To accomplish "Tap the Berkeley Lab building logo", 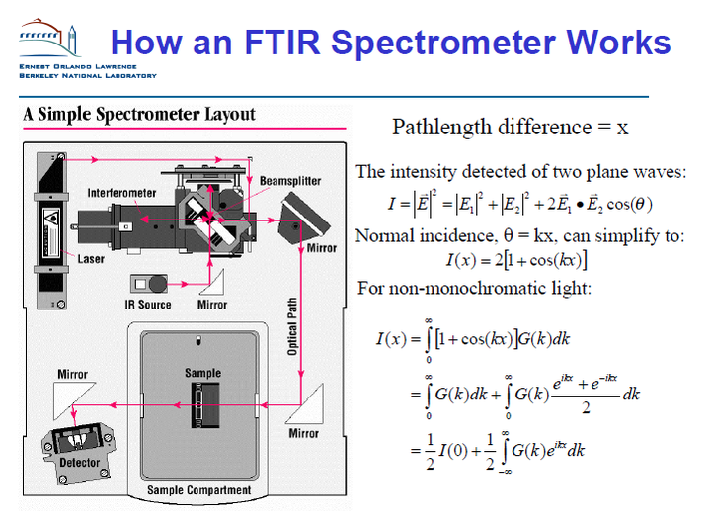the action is (x=49, y=39).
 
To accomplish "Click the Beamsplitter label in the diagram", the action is (x=290, y=181).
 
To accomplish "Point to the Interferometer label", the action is (x=121, y=193).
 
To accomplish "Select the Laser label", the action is (x=91, y=259).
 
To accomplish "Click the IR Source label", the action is (x=148, y=305).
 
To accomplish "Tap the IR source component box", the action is (x=149, y=284).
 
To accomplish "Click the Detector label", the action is (x=79, y=462).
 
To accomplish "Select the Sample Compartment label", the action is (x=198, y=490).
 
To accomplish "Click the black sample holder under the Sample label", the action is (x=205, y=405).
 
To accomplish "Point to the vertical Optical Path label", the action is (x=292, y=326).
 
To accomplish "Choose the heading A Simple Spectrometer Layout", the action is (x=139, y=114).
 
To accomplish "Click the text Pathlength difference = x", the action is (x=511, y=127).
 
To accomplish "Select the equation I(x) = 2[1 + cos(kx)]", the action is (x=516, y=260).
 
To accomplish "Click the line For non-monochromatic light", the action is (x=474, y=288).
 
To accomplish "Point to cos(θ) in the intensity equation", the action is (x=629, y=204).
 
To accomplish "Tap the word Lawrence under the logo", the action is (x=116, y=67).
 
